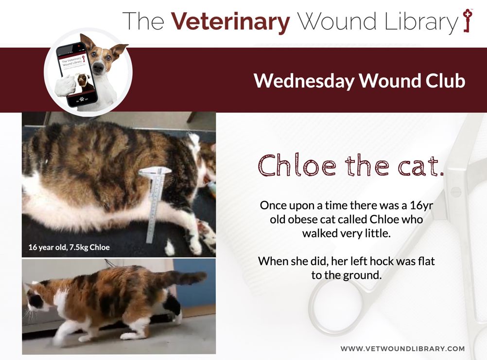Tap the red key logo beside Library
[x=467, y=20]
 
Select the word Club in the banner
[x=445, y=81]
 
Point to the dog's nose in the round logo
[x=99, y=67]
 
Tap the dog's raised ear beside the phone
[x=118, y=51]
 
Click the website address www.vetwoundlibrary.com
[x=402, y=348]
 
